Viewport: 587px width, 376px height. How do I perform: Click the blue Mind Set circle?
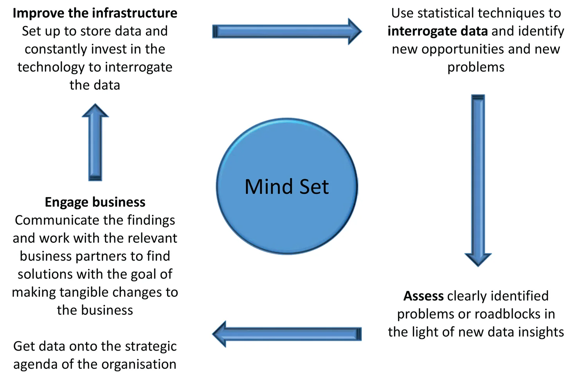pos(287,186)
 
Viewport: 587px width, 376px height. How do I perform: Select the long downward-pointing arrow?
pos(478,180)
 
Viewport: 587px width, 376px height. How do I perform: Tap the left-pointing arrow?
pos(286,334)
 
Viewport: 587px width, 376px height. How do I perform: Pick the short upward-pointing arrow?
pos(95,143)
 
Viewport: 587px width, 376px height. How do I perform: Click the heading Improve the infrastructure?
pos(95,13)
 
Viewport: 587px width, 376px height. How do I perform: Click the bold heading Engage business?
pos(95,202)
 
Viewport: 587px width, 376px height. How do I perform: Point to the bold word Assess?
pos(423,296)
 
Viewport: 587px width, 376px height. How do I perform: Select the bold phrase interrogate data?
pos(438,31)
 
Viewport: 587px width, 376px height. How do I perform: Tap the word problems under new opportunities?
pos(476,67)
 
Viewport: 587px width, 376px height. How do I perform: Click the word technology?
pos(51,67)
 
